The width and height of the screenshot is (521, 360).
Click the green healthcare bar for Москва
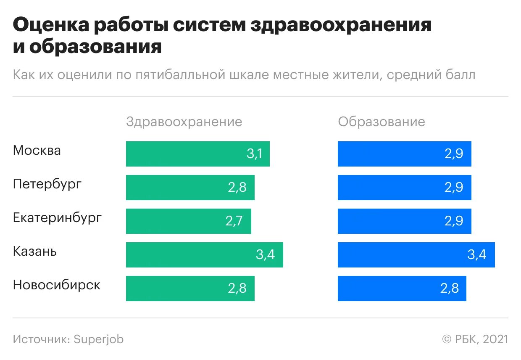click(197, 154)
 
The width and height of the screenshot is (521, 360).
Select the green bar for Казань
click(204, 255)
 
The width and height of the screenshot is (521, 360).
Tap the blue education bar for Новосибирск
click(402, 289)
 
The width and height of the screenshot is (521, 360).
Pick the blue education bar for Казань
click(416, 255)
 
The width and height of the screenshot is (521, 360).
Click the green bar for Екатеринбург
click(188, 221)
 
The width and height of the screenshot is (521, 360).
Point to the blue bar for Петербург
click(404, 188)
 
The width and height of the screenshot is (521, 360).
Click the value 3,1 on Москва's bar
click(254, 154)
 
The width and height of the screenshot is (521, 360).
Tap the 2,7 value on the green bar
click(234, 221)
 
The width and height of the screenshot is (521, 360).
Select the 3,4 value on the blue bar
click(476, 255)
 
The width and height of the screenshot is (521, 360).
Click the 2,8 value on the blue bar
click(449, 289)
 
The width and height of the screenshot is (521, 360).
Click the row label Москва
click(37, 151)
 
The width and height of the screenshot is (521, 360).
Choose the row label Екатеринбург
click(57, 218)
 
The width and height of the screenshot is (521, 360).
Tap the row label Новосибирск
click(57, 285)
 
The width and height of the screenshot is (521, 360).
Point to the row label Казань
click(35, 251)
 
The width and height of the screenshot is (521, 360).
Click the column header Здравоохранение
click(184, 122)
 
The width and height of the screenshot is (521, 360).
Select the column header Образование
click(382, 122)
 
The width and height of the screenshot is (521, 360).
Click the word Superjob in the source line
click(99, 339)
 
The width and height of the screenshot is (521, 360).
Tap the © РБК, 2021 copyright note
click(475, 339)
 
